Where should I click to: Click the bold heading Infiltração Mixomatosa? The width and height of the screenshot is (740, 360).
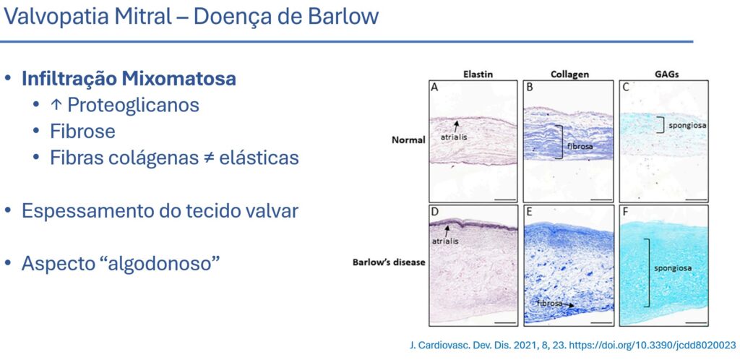129,79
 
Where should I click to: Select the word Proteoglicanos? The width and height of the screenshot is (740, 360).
133,106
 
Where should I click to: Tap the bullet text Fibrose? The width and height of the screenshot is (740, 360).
82,131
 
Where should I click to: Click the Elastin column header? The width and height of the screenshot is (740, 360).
476,74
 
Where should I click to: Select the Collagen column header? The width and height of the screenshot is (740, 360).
569,74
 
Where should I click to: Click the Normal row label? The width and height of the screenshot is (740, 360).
409,140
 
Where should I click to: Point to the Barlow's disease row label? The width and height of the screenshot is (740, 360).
389,262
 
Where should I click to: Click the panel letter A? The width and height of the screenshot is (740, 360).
434,87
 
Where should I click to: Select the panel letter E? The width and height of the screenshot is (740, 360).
529,211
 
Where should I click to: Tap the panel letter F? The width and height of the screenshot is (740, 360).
625,211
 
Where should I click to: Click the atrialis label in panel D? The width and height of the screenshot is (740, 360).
444,241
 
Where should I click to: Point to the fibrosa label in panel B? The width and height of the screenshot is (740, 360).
577,146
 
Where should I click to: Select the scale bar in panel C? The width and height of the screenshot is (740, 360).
696,200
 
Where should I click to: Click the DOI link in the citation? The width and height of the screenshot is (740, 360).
653,346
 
